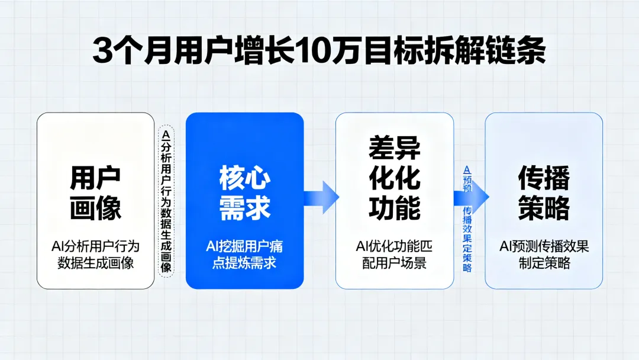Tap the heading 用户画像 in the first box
pos(95,192)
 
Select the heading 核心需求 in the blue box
pos(245,192)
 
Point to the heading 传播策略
pos(544,192)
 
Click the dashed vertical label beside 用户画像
pos(166,201)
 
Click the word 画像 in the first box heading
pos(95,208)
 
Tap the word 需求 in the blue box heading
pos(245,208)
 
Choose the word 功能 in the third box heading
pos(395,208)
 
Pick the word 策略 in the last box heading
pos(544,208)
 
